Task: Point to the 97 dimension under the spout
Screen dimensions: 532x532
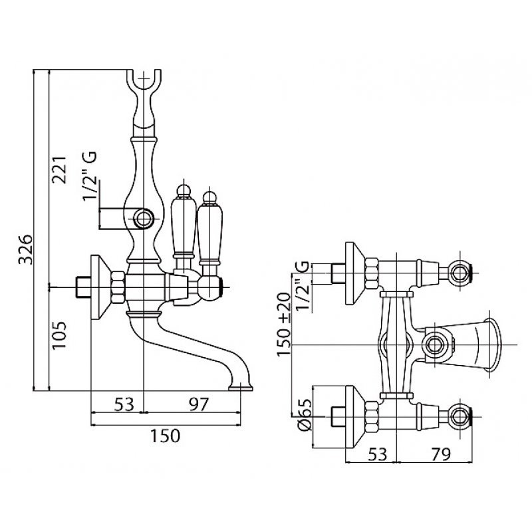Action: tap(194, 404)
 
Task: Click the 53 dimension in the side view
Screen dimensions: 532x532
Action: tap(120, 404)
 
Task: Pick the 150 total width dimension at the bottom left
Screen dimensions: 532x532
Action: tap(165, 436)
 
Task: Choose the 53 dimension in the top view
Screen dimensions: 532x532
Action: tap(378, 454)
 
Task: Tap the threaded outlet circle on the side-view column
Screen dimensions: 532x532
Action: tap(143, 217)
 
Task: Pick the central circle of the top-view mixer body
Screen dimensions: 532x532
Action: tap(436, 344)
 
